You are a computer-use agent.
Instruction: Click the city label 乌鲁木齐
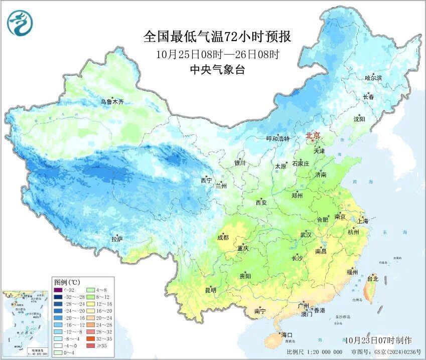[x=111, y=102]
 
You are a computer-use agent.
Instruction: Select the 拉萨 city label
[x=117, y=239]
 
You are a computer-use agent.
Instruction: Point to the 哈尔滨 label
[x=373, y=78]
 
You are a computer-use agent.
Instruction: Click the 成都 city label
[x=223, y=237]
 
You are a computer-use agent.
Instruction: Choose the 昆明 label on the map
[x=210, y=290]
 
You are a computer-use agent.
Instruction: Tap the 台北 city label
[x=372, y=278]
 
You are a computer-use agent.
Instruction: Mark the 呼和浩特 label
[x=277, y=138]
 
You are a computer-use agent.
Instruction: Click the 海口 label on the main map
[x=287, y=334]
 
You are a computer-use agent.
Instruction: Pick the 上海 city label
[x=362, y=221]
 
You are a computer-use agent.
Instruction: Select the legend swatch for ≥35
[x=91, y=345]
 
